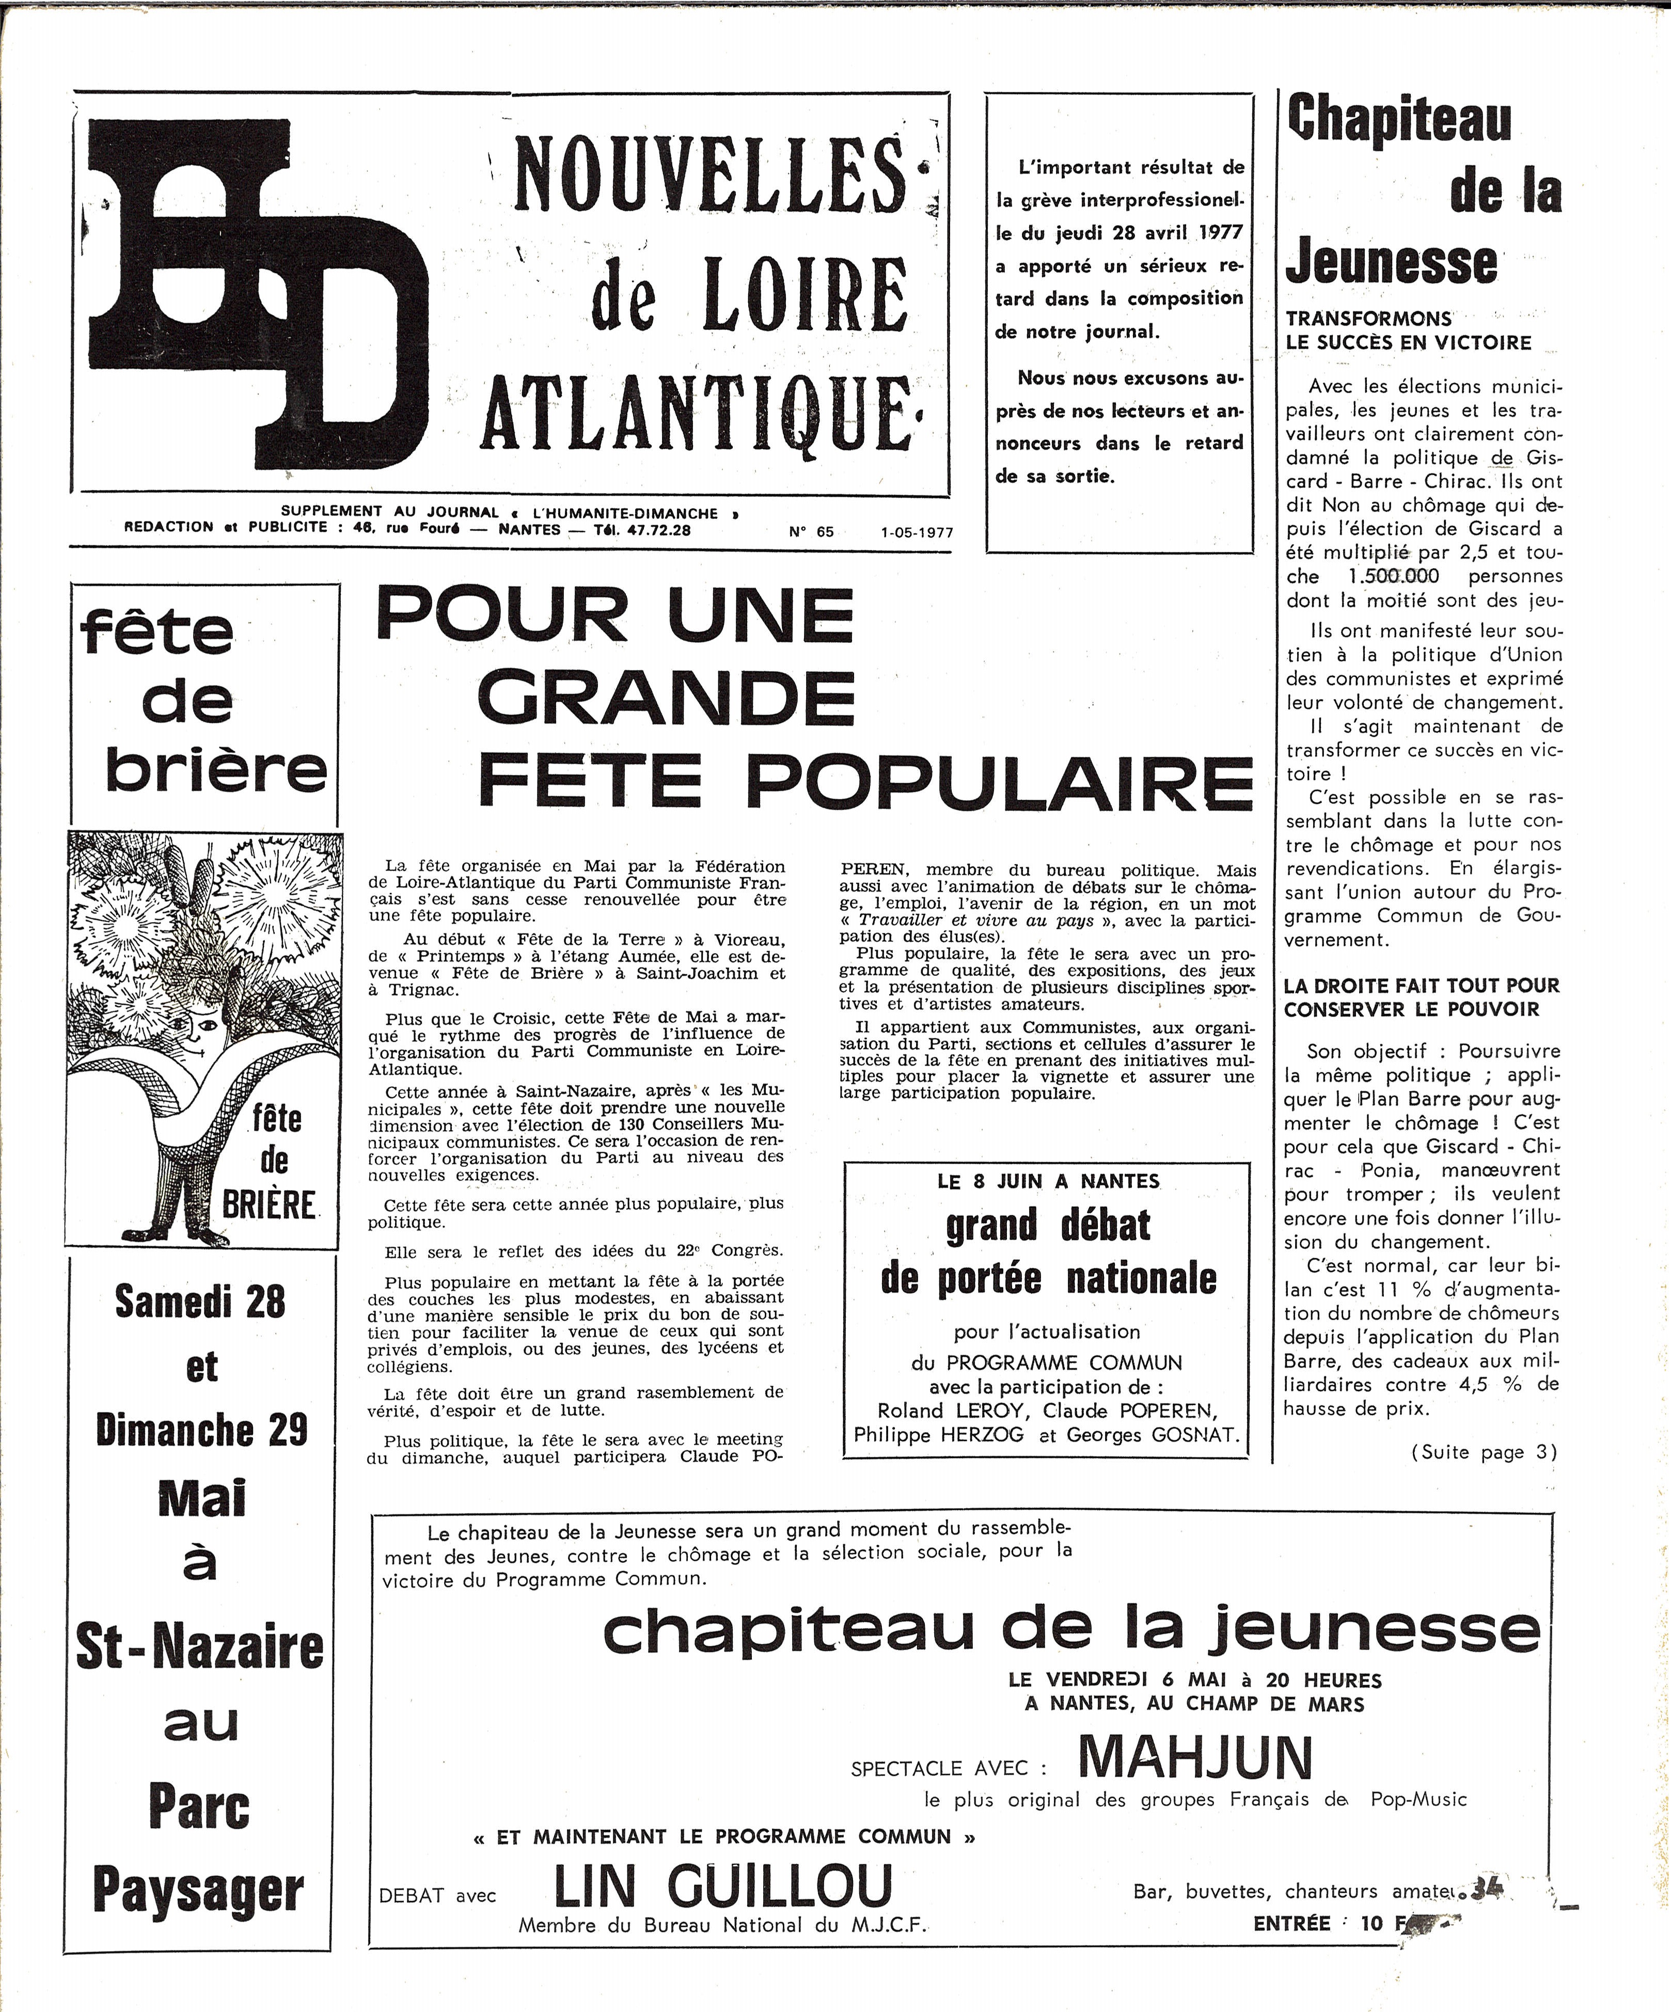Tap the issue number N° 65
[812, 532]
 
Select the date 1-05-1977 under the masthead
[917, 533]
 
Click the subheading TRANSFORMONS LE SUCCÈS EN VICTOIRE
[1409, 330]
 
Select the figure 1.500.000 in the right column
[1392, 577]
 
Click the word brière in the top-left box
[216, 769]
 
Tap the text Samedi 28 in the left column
[200, 1301]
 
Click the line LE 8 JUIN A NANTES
[1048, 1181]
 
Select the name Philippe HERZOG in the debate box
[938, 1434]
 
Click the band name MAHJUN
[1195, 1756]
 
